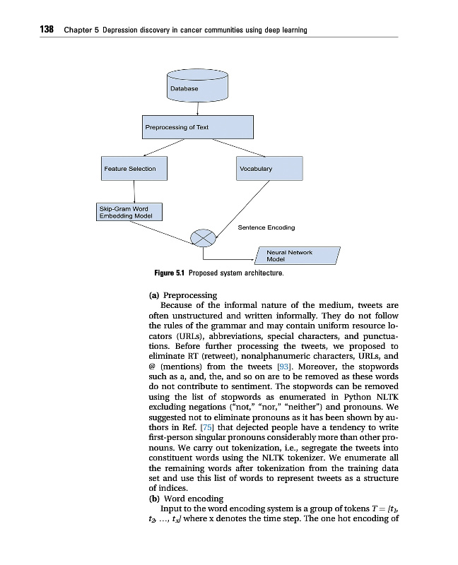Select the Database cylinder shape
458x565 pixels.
click(x=198, y=84)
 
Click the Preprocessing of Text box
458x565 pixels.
click(x=197, y=127)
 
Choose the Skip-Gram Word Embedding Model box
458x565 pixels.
click(x=129, y=212)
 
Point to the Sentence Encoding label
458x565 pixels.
click(x=266, y=227)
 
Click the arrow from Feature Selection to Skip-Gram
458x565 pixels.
click(x=134, y=191)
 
